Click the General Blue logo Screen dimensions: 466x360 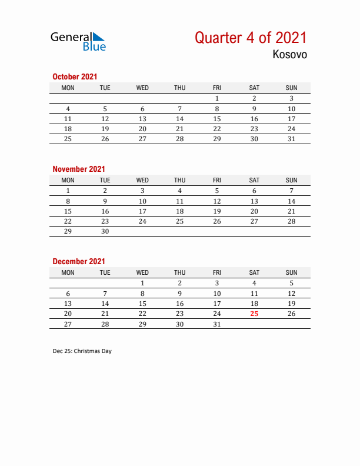point(78,41)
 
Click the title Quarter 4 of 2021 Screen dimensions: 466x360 point(251,38)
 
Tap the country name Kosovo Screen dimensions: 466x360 point(289,55)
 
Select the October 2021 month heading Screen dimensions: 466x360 point(75,76)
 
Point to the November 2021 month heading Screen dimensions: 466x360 point(79,169)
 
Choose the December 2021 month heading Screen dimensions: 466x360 point(79,261)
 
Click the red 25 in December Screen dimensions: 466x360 point(254,314)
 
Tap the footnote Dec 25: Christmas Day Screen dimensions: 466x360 point(82,351)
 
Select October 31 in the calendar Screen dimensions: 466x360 point(291,139)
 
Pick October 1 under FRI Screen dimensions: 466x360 point(217,98)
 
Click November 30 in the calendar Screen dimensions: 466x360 point(105,231)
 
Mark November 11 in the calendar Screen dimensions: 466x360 point(179,201)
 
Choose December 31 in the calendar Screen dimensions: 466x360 point(217,324)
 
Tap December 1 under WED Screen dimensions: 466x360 point(142,283)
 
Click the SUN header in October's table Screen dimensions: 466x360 point(291,88)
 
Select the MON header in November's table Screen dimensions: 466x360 point(68,180)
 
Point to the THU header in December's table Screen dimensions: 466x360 point(179,272)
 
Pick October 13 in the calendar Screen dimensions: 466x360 point(142,119)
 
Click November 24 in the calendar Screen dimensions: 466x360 point(142,221)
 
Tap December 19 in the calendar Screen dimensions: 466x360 point(291,304)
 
